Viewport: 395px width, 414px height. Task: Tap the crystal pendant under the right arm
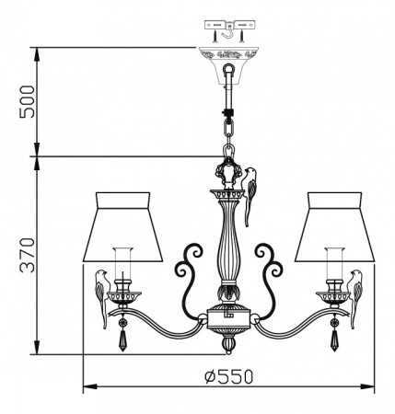pos(332,339)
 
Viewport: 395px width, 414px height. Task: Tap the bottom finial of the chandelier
pos(227,344)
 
